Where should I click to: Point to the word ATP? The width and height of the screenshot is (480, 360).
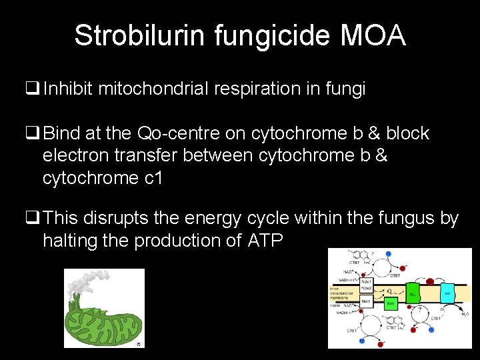pos(265,241)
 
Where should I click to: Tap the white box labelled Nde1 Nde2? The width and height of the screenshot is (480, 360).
pos(366,285)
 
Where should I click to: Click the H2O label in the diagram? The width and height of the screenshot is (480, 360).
pos(463,313)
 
